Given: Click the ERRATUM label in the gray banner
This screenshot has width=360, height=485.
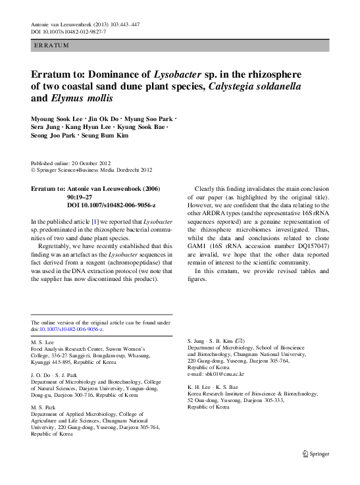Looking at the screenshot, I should pyautogui.click(x=51, y=45).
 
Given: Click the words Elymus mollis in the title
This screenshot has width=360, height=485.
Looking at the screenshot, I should pyautogui.click(x=82, y=99).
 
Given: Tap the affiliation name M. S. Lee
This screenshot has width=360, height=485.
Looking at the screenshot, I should pyautogui.click(x=42, y=342).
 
